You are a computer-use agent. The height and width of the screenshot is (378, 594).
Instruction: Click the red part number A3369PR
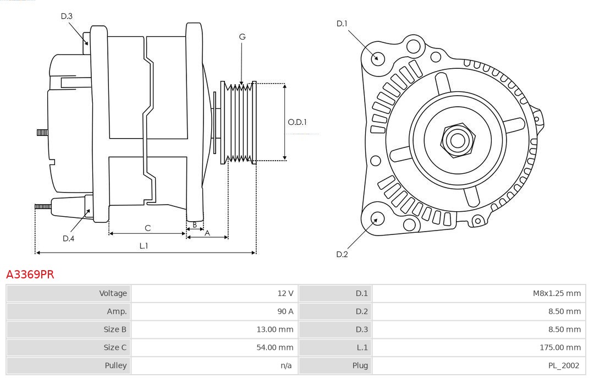point(30,274)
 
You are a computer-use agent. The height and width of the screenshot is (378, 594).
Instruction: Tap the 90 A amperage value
point(285,311)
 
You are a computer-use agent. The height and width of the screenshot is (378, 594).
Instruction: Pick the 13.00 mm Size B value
point(276,330)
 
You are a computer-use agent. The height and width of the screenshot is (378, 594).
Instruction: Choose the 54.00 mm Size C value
point(276,347)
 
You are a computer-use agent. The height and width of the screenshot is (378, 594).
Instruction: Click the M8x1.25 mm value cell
point(557,293)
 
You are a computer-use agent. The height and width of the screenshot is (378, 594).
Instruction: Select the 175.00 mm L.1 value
point(560,347)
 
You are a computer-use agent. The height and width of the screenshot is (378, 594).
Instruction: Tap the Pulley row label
point(116,365)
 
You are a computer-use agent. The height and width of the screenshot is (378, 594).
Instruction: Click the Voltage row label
point(113,293)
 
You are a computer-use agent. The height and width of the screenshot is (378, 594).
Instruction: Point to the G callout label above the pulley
point(242,37)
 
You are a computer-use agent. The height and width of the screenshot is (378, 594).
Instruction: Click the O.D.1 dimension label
point(297,122)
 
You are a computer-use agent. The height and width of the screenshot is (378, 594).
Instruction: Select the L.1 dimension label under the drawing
point(144,246)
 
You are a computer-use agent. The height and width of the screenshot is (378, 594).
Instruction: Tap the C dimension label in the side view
point(147,228)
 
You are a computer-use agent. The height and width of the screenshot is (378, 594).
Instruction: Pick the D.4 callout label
point(68,238)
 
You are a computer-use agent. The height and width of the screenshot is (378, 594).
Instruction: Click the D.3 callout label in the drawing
point(67,16)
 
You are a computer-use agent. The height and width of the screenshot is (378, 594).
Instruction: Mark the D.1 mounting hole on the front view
point(378,58)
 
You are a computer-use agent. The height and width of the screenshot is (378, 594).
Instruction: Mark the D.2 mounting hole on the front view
point(377,219)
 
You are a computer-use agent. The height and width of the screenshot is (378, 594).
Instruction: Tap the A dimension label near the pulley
point(207,233)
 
